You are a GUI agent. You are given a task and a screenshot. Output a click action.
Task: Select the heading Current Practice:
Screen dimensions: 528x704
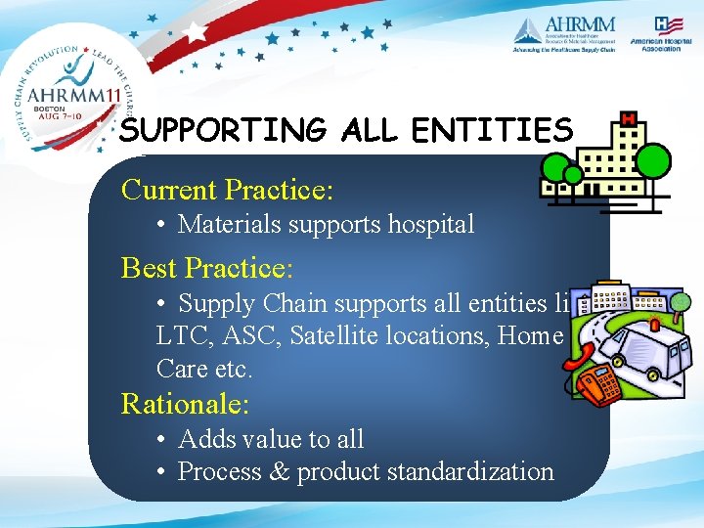click(x=227, y=189)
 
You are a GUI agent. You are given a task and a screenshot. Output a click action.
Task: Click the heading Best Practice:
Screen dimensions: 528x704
click(x=207, y=267)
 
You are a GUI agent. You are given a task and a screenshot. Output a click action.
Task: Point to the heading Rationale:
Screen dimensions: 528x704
click(x=185, y=403)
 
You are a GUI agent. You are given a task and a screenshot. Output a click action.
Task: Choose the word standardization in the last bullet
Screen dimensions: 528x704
click(x=470, y=471)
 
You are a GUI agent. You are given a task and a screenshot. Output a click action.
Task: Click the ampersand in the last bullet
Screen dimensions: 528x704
click(x=280, y=471)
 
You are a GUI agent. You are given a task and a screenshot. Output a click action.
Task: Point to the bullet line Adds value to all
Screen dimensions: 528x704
click(x=271, y=439)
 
